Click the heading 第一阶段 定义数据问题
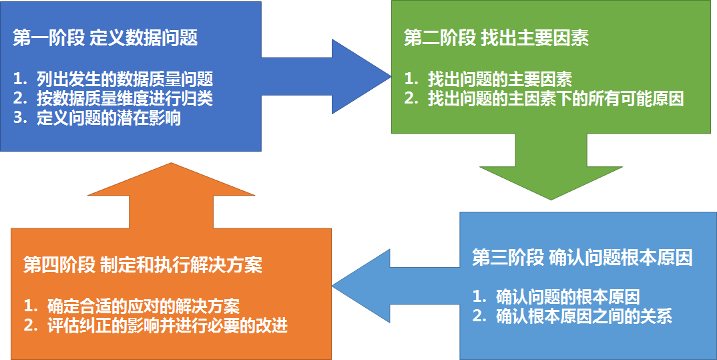(105, 38)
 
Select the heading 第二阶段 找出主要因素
(496, 38)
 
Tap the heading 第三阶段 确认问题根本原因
(581, 258)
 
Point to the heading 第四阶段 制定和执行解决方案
(143, 265)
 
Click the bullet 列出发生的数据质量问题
(126, 79)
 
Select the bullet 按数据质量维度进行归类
(126, 99)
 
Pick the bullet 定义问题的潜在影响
(109, 119)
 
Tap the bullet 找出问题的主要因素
(500, 79)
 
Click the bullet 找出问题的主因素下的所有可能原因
(556, 100)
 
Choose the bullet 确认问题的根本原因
(568, 297)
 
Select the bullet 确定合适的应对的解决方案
(144, 307)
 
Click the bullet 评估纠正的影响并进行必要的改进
(168, 327)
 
